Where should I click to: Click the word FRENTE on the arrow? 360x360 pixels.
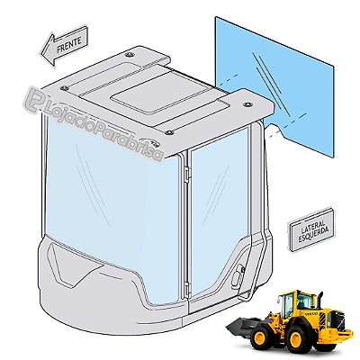[x=69, y=44]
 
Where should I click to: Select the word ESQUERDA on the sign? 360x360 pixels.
[x=312, y=234]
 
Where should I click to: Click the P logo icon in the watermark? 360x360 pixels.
[x=33, y=102]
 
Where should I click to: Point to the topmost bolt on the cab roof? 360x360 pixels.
[x=130, y=55]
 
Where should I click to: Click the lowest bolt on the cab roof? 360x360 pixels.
[x=169, y=132]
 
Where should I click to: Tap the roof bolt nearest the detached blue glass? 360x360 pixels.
[x=247, y=104]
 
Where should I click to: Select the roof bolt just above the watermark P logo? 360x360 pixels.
[x=64, y=88]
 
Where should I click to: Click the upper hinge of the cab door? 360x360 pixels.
[x=187, y=173]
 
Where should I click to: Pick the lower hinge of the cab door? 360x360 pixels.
[x=188, y=289]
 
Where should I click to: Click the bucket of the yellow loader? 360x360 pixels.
[x=240, y=327]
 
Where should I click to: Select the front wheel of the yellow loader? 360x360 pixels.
[x=261, y=337]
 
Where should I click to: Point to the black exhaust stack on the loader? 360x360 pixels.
[x=319, y=301]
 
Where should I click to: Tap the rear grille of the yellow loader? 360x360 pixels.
[x=337, y=321]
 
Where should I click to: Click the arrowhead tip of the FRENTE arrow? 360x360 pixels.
[x=41, y=55]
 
